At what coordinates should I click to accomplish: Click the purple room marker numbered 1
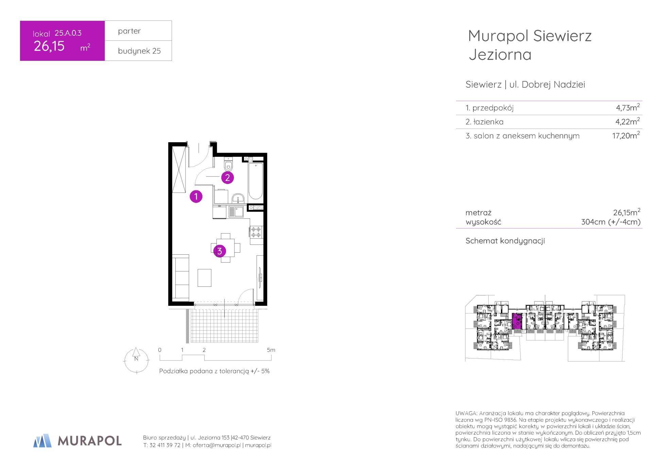196,196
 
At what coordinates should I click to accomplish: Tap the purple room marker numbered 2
227,177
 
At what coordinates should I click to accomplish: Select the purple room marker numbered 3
220,251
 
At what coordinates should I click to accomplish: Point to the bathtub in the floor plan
256,181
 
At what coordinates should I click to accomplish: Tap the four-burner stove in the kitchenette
256,232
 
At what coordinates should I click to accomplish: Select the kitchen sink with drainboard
236,212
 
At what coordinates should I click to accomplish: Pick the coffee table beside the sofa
205,278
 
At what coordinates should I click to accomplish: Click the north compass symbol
136,360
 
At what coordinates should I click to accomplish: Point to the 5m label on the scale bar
271,350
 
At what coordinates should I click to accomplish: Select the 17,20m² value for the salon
626,135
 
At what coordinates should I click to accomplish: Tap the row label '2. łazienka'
485,122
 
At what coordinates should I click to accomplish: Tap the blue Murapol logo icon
42,441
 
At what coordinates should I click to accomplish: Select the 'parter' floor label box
138,31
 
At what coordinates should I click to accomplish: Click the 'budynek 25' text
139,51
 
